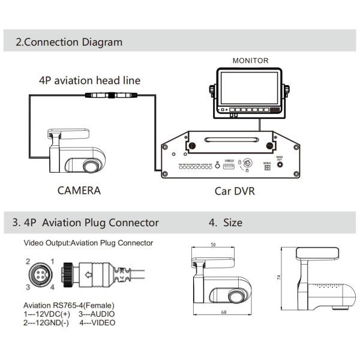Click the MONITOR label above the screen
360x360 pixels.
pos(251,61)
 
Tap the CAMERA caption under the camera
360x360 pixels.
pos(79,191)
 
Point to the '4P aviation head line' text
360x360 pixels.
pos(89,80)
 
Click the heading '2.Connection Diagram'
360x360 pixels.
pos(69,43)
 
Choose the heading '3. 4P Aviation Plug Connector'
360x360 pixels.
pos(86,223)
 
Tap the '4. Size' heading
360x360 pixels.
pos(226,223)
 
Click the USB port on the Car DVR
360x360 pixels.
pos(229,167)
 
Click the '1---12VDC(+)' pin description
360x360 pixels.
pos(46,314)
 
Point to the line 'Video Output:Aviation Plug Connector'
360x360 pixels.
pos(88,243)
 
